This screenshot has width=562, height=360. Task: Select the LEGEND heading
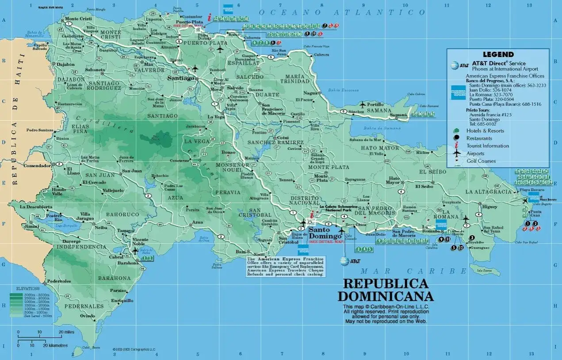click(x=498, y=54)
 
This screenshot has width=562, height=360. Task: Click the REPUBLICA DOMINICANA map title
click(x=386, y=290)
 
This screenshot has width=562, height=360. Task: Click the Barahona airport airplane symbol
click(x=135, y=250)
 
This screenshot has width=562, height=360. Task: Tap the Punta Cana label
click(x=535, y=214)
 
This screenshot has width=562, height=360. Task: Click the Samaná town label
click(x=398, y=115)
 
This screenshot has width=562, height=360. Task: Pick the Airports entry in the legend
click(x=475, y=153)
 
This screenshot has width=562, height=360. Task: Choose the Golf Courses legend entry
click(x=481, y=161)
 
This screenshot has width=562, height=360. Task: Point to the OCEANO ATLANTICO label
click(x=342, y=12)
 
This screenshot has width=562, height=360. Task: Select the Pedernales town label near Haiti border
click(x=59, y=281)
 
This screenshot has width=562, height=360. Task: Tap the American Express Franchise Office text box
click(x=285, y=267)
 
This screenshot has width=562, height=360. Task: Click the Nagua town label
click(x=311, y=93)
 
